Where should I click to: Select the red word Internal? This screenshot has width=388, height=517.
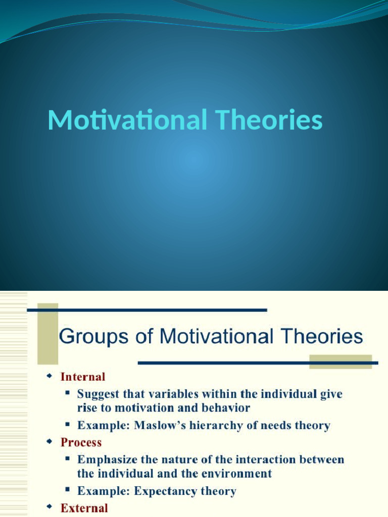pos(83,377)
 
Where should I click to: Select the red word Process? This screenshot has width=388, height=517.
pos(81,442)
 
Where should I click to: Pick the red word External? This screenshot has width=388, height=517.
pos(84,508)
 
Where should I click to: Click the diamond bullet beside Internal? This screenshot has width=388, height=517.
pos(49,377)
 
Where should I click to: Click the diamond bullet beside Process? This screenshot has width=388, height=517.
pos(49,442)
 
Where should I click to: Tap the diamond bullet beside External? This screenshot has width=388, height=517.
pos(49,507)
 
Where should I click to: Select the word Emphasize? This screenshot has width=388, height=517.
pos(106,459)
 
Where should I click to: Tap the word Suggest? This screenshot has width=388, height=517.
pos(97,394)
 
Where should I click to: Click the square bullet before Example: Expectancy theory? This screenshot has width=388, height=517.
pos(67,490)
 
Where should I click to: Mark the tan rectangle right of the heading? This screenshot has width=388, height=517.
pos(340,361)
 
